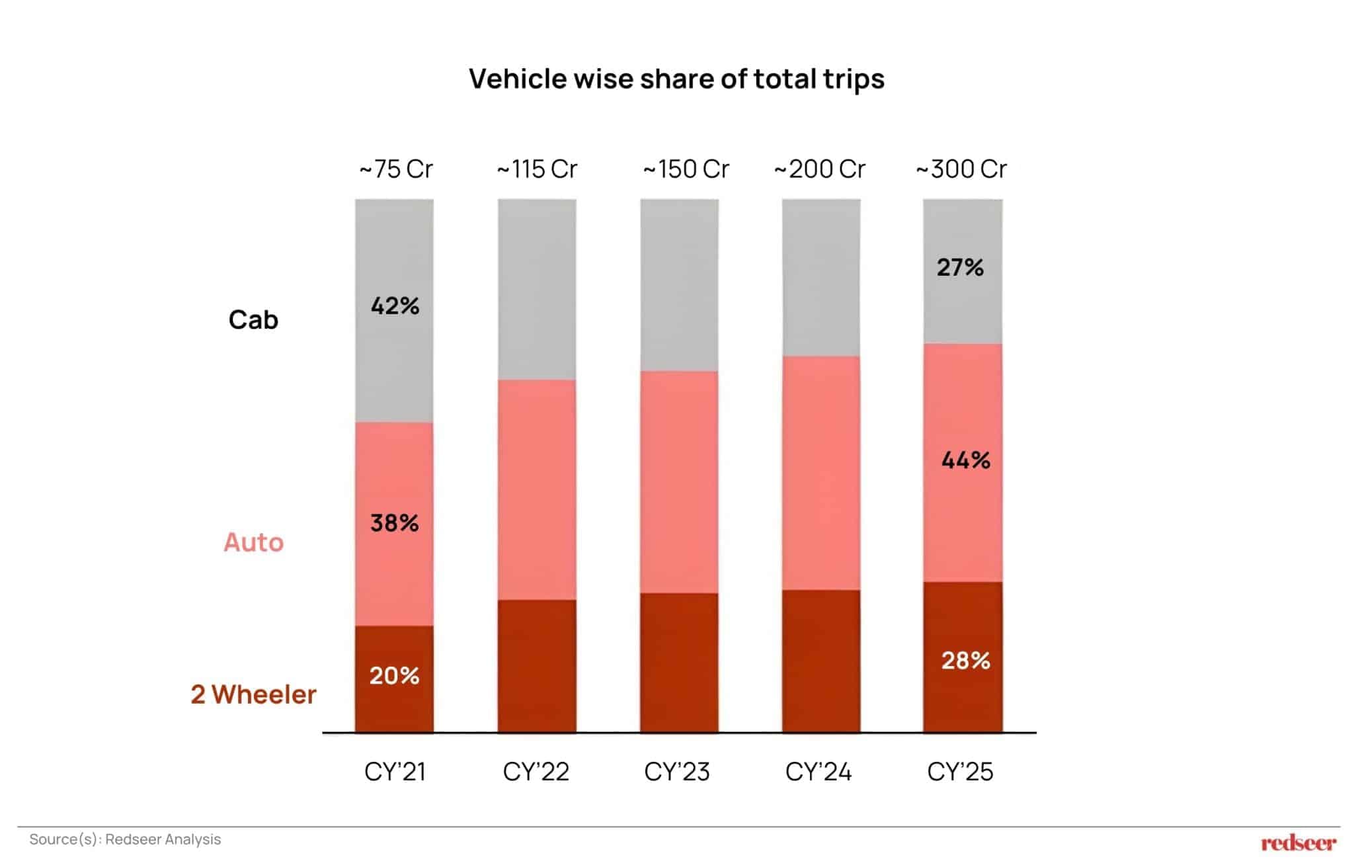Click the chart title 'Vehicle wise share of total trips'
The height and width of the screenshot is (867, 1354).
676,79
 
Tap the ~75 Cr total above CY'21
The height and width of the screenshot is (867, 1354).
395,169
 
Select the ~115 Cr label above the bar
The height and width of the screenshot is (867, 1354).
537,169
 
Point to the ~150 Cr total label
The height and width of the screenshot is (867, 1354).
686,169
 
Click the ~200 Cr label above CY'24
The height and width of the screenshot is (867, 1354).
819,169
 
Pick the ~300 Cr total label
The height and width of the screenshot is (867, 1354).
961,169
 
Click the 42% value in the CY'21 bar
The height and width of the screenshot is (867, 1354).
395,306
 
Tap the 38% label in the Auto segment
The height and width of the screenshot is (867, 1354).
395,523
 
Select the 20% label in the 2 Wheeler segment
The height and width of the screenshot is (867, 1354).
395,675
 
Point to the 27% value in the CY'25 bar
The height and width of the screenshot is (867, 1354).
960,267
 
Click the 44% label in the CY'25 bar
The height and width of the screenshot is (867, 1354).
965,460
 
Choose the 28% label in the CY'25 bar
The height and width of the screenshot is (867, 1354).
965,660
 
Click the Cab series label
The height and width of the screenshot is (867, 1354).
253,320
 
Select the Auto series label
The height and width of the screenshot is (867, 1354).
253,542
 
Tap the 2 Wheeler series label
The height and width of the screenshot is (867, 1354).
253,694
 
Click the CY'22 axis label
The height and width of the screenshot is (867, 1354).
536,772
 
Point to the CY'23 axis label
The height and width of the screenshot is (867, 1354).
677,772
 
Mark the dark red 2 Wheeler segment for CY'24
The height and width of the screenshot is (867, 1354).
821,661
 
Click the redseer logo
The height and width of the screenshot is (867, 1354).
1298,843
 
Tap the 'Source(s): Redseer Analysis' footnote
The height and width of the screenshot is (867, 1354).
125,839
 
